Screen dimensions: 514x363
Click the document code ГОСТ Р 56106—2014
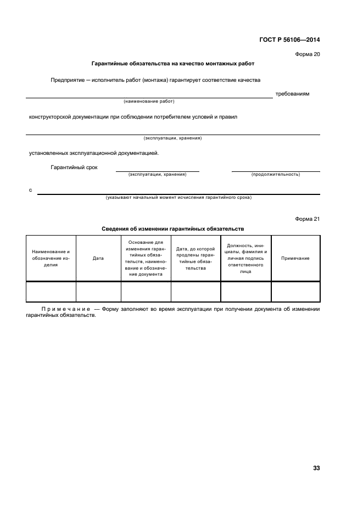[x=289, y=40]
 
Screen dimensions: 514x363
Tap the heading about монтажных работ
[x=172, y=64]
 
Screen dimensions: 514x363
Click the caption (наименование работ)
[x=149, y=102]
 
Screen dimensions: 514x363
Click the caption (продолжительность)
[x=276, y=174]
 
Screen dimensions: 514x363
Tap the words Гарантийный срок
[x=74, y=167]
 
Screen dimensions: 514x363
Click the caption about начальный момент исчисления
[x=178, y=197]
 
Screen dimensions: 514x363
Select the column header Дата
[x=98, y=258]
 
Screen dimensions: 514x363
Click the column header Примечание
[x=295, y=258]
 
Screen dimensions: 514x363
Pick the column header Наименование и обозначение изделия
[x=51, y=258]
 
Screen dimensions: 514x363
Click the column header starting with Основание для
[x=146, y=258]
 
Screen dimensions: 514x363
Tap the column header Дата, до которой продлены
[x=196, y=258]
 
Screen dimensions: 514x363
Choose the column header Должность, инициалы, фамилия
[x=245, y=258]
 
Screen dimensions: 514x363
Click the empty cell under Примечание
[x=295, y=291]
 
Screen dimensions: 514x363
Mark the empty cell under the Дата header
[x=98, y=291]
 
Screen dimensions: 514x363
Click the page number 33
[x=316, y=468]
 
